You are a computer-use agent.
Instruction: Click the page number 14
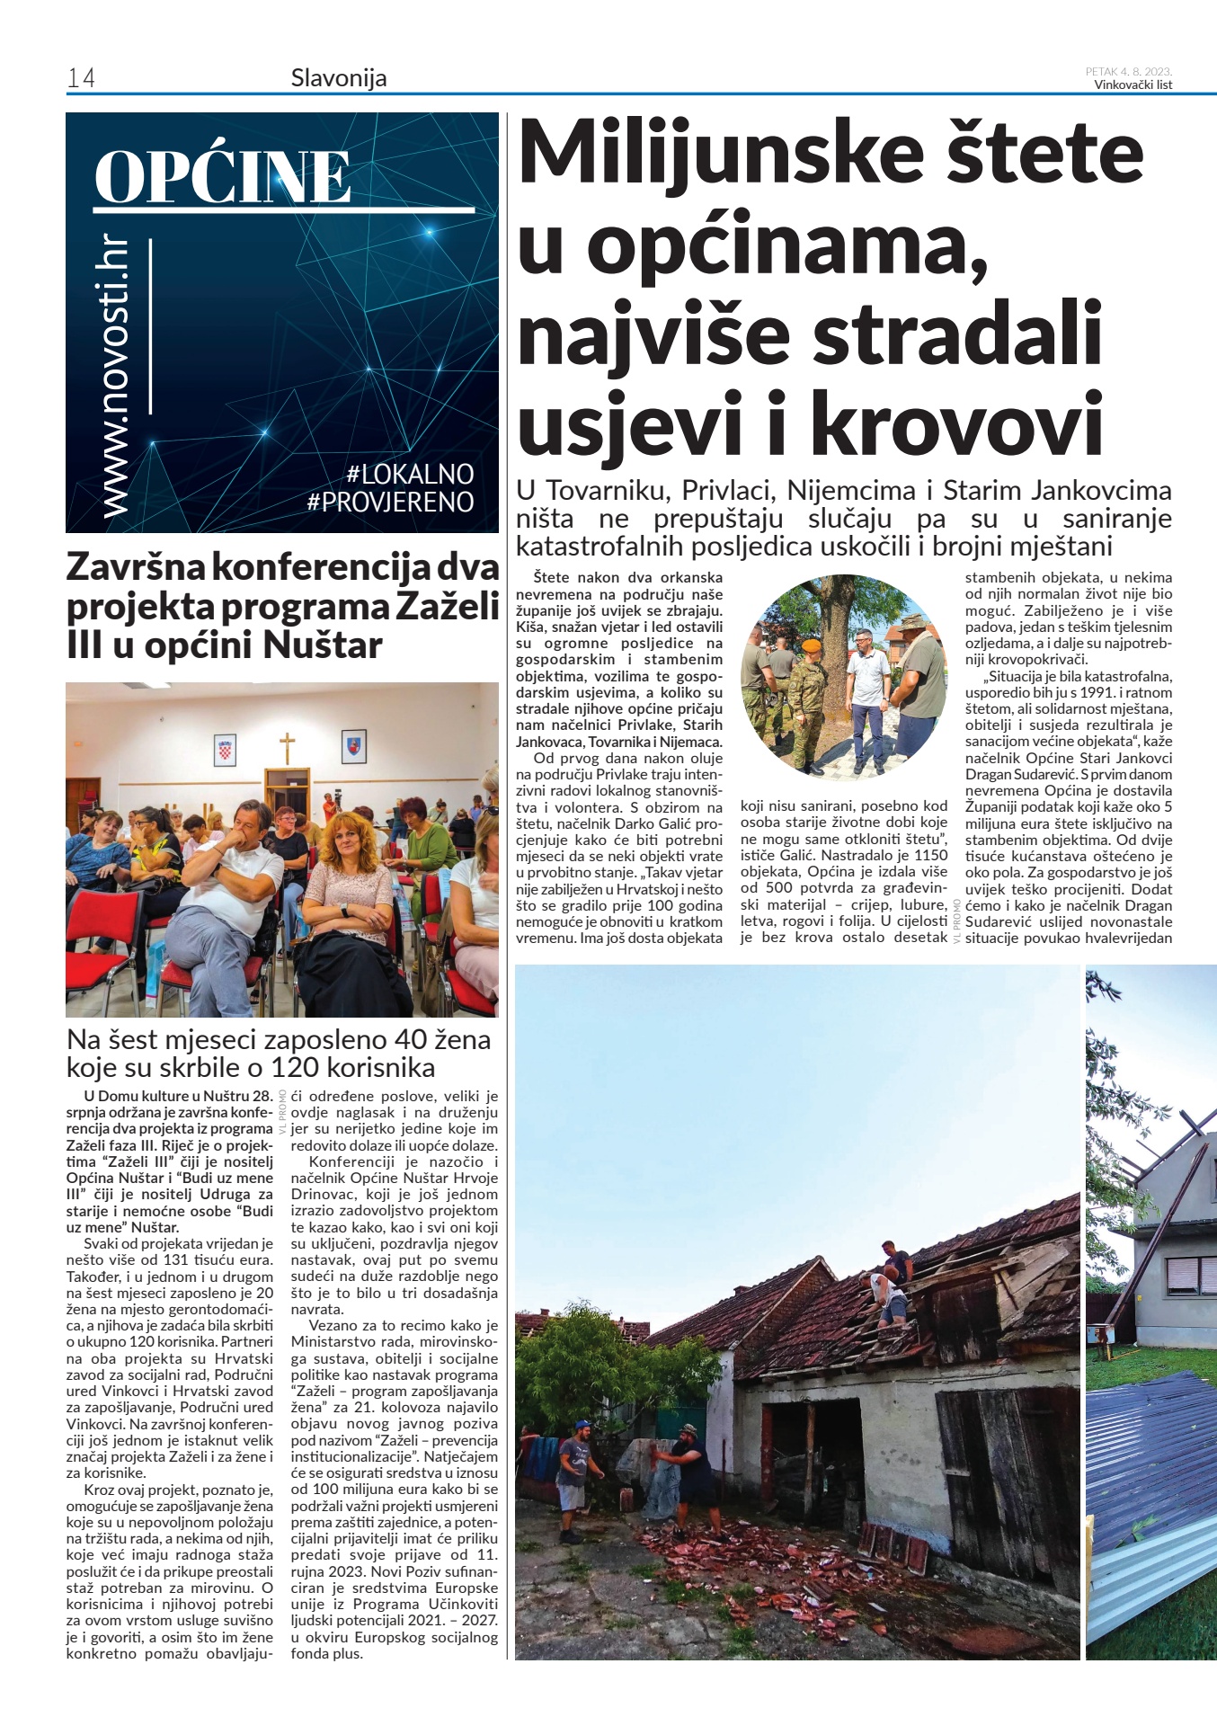[x=81, y=79]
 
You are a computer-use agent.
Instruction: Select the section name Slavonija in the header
[x=339, y=78]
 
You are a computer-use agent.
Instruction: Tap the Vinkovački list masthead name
[x=1133, y=85]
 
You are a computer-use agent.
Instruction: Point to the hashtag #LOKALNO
[x=409, y=474]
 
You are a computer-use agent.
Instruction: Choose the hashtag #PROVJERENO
[x=390, y=502]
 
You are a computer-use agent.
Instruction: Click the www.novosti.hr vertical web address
[x=116, y=378]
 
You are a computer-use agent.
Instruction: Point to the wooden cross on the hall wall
[x=286, y=745]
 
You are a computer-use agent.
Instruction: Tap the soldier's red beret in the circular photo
[x=812, y=647]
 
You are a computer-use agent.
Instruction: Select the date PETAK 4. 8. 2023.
[x=1128, y=71]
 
